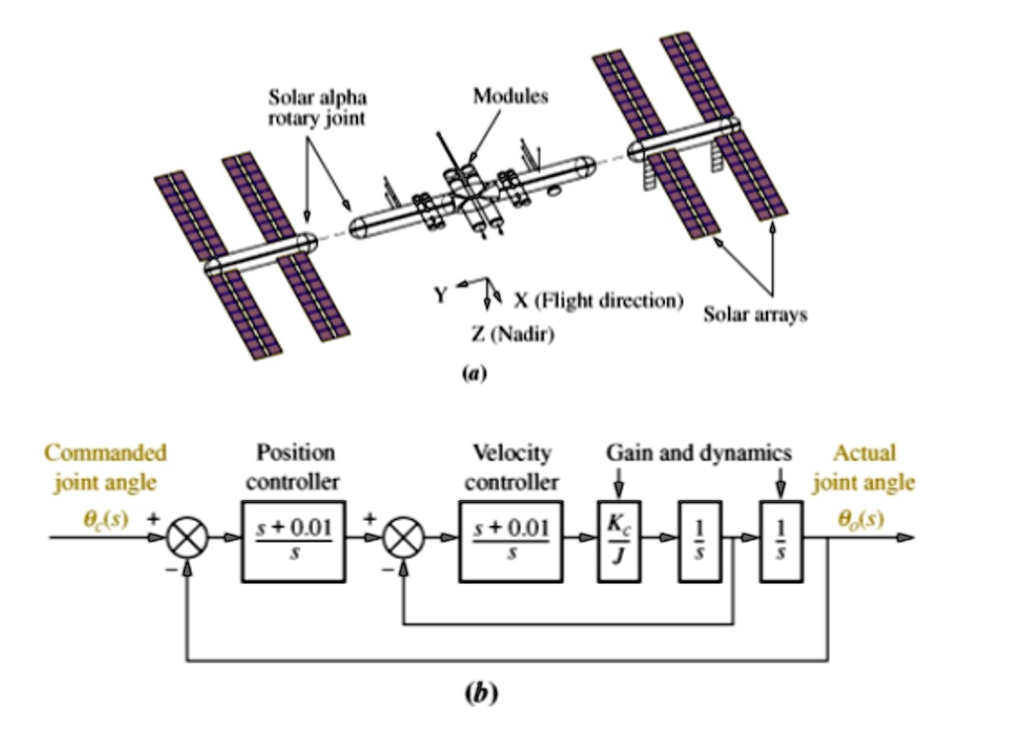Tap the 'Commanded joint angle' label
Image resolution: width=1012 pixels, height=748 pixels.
105,467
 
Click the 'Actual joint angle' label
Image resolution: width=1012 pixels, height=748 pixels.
864,467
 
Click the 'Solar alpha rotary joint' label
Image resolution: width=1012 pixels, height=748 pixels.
317,108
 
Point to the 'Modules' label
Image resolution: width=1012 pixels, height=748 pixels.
510,96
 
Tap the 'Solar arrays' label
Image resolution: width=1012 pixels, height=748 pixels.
755,314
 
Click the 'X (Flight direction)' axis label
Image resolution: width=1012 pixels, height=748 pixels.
598,299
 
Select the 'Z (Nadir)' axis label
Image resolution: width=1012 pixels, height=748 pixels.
512,336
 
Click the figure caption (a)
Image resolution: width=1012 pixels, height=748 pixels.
471,374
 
